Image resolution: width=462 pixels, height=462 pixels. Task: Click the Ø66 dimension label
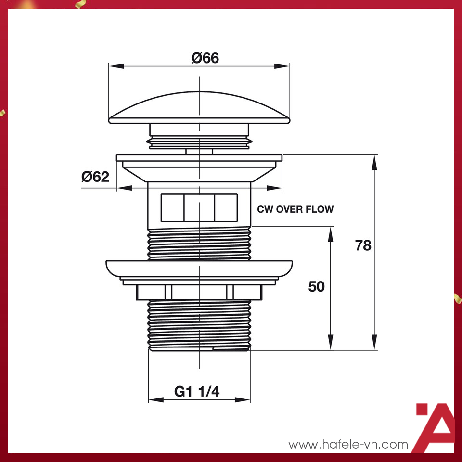pyautogui.click(x=205, y=58)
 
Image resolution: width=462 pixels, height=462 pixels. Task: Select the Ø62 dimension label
pyautogui.click(x=95, y=177)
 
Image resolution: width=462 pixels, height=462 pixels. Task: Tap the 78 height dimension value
pyautogui.click(x=363, y=245)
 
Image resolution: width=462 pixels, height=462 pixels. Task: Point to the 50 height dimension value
pyautogui.click(x=316, y=287)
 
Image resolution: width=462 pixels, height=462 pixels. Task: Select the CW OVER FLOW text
pyautogui.click(x=295, y=209)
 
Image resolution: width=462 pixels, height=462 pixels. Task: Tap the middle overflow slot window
pyautogui.click(x=199, y=207)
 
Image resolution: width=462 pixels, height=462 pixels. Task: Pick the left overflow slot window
pyautogui.click(x=172, y=207)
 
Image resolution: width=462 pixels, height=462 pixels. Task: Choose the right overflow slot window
pyautogui.click(x=226, y=207)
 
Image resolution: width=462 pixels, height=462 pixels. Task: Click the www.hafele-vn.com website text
pyautogui.click(x=348, y=445)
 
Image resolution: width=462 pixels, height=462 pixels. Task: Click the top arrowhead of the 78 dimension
pyautogui.click(x=374, y=161)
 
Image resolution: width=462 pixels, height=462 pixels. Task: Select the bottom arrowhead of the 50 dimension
pyautogui.click(x=331, y=344)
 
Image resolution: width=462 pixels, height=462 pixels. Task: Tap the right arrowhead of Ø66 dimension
pyautogui.click(x=283, y=66)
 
